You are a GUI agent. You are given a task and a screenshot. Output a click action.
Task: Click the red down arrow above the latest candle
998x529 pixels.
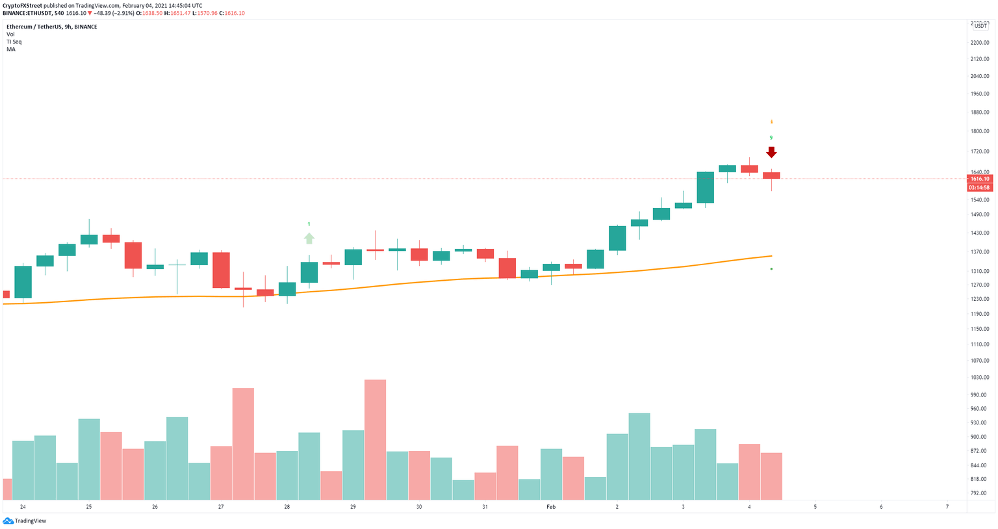771,153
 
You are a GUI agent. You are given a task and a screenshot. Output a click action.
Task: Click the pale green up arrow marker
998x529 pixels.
309,239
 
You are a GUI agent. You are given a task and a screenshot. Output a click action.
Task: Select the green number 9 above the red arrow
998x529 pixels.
771,138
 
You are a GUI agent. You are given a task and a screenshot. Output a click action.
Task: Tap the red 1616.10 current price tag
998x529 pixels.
979,179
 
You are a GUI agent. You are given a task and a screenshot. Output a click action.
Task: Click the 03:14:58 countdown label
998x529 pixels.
979,188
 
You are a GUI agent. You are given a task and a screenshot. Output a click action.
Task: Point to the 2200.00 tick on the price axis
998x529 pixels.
979,43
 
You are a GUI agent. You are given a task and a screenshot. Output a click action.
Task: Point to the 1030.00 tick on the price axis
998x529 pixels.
979,378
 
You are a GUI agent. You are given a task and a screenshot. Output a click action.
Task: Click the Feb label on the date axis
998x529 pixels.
551,507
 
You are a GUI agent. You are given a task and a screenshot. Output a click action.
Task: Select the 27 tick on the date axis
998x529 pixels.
221,507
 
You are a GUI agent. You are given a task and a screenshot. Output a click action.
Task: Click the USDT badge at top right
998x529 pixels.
980,26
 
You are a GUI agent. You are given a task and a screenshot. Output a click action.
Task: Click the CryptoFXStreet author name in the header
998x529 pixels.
22,6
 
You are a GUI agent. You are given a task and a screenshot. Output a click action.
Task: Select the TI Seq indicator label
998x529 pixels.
14,42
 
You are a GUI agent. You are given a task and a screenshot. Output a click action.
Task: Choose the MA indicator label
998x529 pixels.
11,49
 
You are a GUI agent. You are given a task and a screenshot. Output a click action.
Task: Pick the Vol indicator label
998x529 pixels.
10,34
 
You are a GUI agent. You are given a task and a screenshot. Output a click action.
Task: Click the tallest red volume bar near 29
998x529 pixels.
375,439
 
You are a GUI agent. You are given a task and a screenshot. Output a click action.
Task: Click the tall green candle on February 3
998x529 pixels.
705,188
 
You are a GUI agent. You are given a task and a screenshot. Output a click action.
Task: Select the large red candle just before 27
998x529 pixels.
221,270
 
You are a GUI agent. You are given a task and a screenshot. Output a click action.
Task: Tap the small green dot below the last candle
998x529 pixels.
771,269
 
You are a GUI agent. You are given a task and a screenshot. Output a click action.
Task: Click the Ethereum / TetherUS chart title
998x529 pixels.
52,27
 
